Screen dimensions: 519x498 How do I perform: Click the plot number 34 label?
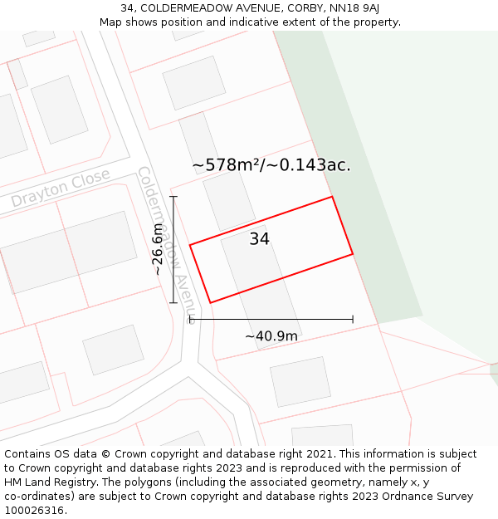pyautogui.click(x=260, y=239)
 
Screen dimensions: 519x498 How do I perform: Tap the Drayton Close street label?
pyautogui.click(x=61, y=189)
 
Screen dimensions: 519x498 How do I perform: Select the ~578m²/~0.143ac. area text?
pyautogui.click(x=271, y=165)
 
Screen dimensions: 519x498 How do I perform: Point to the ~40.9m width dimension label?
pyautogui.click(x=271, y=336)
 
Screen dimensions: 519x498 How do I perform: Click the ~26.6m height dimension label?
pyautogui.click(x=158, y=249)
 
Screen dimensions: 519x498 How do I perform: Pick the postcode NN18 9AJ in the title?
pyautogui.click(x=355, y=8)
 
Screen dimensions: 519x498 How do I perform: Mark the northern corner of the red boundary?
pyautogui.click(x=332, y=197)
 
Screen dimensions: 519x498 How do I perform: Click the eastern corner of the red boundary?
pyautogui.click(x=353, y=254)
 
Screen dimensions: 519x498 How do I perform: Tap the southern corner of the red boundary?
pyautogui.click(x=210, y=302)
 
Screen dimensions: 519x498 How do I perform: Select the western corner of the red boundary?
pyautogui.click(x=190, y=245)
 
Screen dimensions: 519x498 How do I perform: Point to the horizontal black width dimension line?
pyautogui.click(x=271, y=319)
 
